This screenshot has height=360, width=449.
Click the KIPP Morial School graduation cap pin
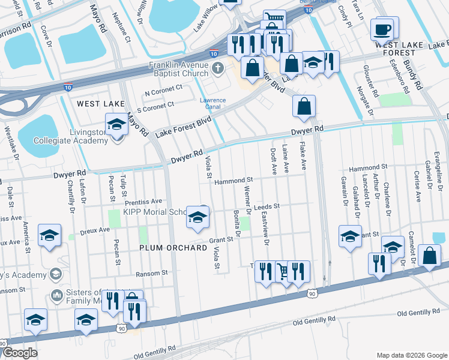[x=196, y=218]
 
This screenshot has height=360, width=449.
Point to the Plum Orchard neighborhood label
[x=169, y=247]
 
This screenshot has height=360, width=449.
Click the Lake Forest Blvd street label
[x=184, y=125]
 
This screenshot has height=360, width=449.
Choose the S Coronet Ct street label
[x=155, y=104]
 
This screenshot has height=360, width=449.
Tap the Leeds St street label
[x=267, y=206]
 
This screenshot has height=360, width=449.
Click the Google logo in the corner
[x=20, y=353]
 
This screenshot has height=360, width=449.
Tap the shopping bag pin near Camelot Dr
[x=430, y=256]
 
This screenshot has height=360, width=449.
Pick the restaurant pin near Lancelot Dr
[x=379, y=265]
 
